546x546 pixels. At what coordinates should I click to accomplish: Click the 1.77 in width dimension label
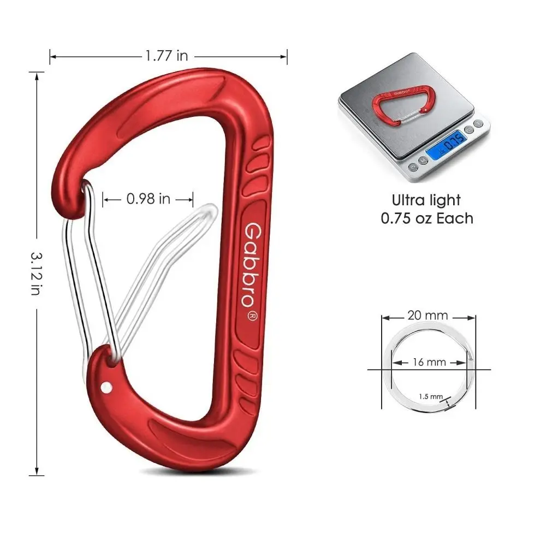(167, 56)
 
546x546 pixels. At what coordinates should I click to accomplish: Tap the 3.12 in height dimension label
(36, 274)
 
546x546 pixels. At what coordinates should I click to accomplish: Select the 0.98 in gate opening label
(149, 199)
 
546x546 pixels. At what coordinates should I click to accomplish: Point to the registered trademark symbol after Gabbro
(252, 316)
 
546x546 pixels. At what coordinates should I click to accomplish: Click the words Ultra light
(426, 200)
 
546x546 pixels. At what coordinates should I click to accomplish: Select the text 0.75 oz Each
(427, 218)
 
